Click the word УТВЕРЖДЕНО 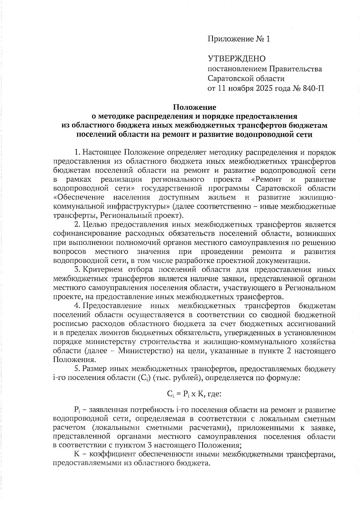pyautogui.click(x=237, y=59)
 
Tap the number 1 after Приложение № pyautogui.click(x=268, y=39)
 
